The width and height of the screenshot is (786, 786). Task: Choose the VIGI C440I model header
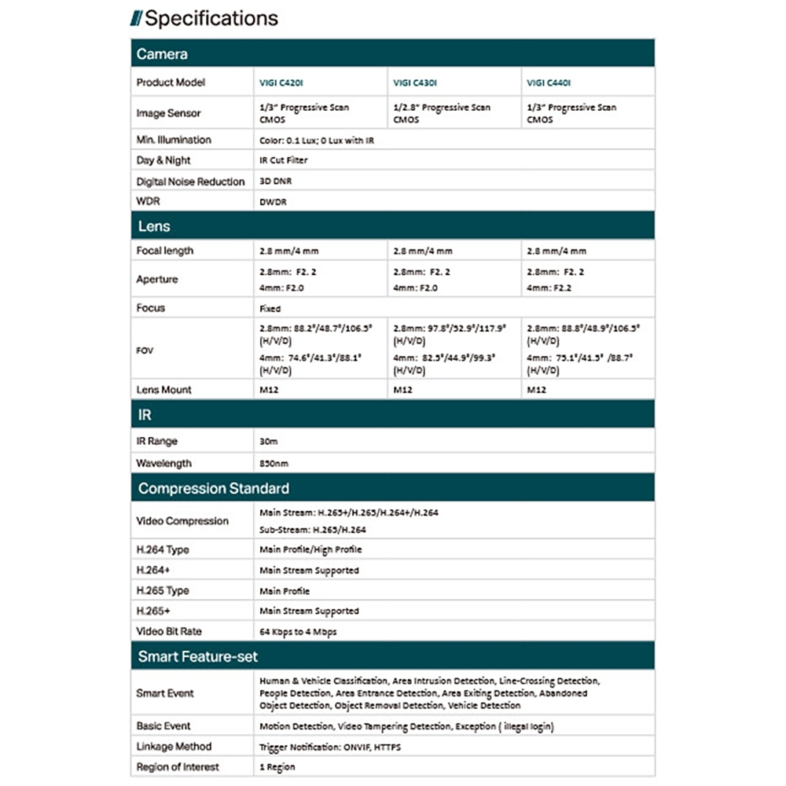[x=548, y=82]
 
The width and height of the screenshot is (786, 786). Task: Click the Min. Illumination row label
[x=174, y=140]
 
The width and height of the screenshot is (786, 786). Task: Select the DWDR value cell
[x=273, y=202]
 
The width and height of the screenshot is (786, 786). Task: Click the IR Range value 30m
[x=269, y=442]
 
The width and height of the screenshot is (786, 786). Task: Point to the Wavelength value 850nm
[x=274, y=463]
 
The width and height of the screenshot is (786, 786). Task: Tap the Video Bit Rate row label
[x=171, y=631]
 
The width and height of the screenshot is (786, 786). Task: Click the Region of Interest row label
[x=178, y=766]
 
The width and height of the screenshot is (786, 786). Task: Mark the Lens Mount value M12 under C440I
[x=536, y=390]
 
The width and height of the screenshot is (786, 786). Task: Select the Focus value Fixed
[x=270, y=309]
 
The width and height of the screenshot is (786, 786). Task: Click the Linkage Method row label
[x=174, y=746]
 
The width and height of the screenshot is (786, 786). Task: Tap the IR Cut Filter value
[x=283, y=160]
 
